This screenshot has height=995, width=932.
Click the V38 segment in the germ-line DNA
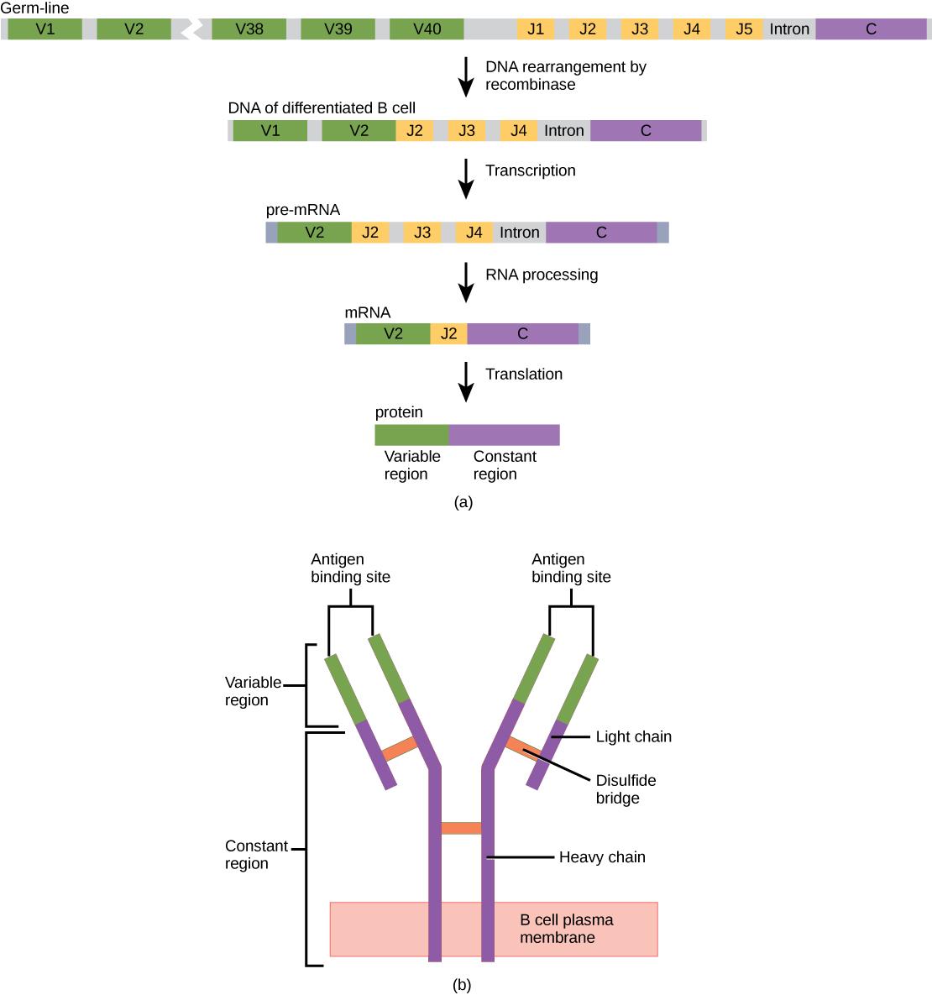tap(249, 29)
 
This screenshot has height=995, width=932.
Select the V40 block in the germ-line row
tap(427, 29)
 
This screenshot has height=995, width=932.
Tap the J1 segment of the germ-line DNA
tap(535, 29)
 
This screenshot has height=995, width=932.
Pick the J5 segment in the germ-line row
tap(743, 29)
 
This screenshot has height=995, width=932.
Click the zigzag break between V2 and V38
tap(192, 29)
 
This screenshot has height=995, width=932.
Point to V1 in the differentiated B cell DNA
tap(270, 130)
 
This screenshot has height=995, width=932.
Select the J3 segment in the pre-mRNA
tap(421, 233)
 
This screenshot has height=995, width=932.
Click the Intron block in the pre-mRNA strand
tap(519, 233)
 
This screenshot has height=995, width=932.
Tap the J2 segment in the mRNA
tap(448, 334)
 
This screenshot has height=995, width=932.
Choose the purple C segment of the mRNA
tap(522, 334)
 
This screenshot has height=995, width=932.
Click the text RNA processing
tap(542, 275)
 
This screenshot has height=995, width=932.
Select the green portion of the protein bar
tap(411, 435)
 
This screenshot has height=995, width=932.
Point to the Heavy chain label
tap(602, 857)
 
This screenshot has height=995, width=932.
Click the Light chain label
tap(633, 737)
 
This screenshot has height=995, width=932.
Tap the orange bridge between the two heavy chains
tap(461, 829)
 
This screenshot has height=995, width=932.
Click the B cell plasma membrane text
tap(566, 929)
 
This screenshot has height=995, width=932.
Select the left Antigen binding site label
tap(350, 568)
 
